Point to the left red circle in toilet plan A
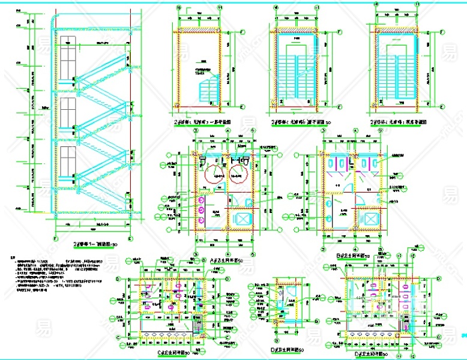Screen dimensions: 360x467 pos(214,172)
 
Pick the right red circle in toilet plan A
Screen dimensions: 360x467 pos(240,172)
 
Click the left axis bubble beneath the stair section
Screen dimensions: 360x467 pos(55,238)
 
